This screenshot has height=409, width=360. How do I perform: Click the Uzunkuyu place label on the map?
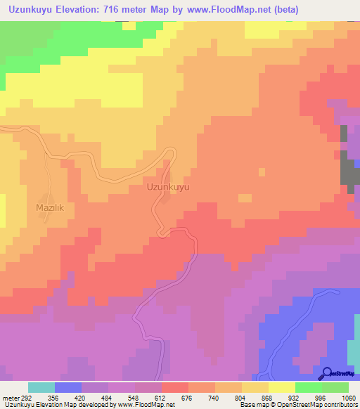pos(168,188)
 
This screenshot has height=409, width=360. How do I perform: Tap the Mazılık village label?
pos(50,208)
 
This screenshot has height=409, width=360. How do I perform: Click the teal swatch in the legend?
pos(41,387)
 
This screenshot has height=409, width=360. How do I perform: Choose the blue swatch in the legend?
pos(67,387)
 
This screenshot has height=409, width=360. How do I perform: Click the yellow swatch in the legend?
pos(281,387)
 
